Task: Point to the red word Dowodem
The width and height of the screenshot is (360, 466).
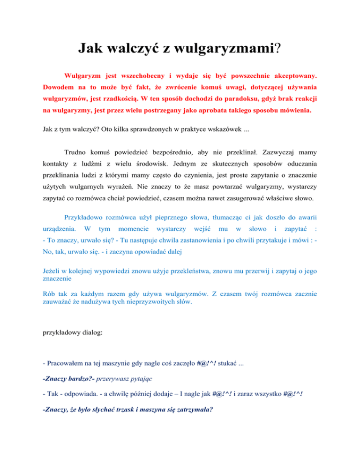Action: tap(59, 87)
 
